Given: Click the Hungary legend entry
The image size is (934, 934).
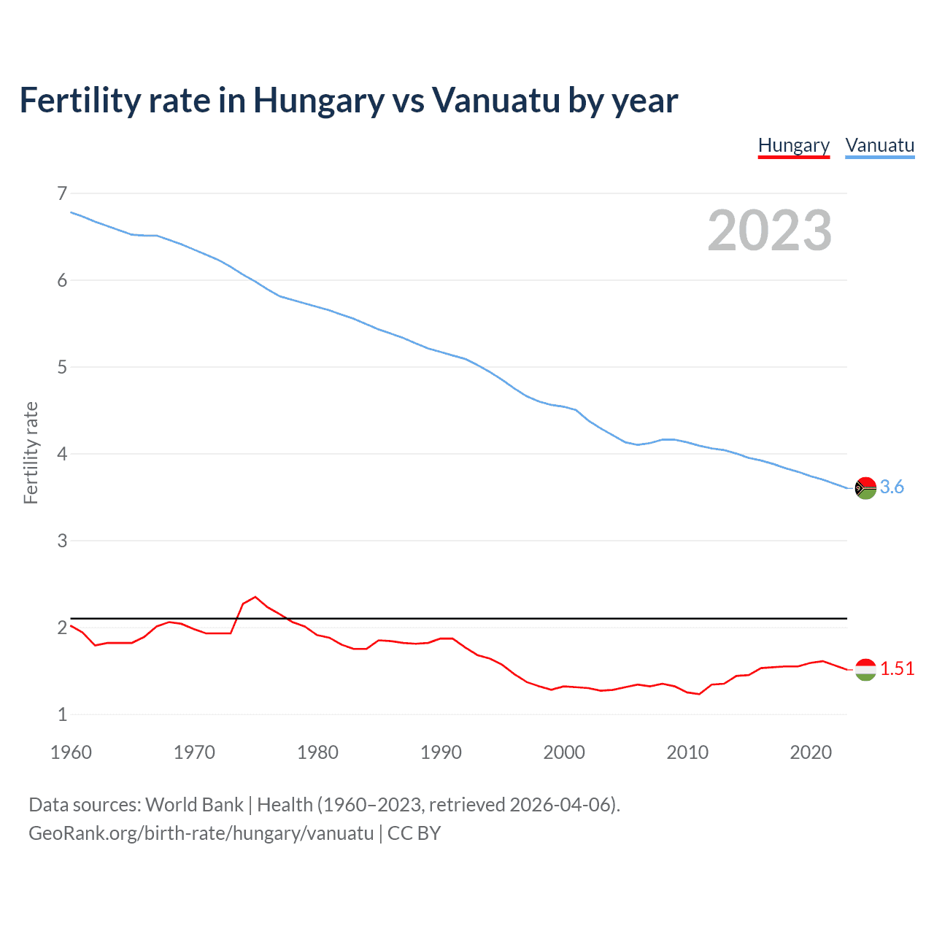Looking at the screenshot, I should point(794,145).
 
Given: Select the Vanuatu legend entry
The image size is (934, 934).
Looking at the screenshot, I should point(879,145).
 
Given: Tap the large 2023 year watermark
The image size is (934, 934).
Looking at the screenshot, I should point(769,231).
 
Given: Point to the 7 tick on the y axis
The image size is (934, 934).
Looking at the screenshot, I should point(62,193).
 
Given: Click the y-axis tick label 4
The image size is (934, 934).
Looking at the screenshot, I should point(62,454).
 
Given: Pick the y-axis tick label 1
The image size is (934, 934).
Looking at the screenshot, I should point(62,714).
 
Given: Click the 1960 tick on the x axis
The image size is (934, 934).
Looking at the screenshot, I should point(71,752).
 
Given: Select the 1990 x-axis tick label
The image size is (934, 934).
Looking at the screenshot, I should point(441,752).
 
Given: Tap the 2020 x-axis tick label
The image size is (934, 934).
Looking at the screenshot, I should point(811,752).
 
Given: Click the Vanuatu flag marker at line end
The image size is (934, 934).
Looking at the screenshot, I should point(865,487).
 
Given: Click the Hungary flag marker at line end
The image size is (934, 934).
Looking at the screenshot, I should point(865,669).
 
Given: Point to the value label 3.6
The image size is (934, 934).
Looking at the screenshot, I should point(892,487).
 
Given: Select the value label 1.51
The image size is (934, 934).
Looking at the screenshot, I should point(897,669).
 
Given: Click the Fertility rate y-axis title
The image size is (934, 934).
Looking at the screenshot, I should point(31,452).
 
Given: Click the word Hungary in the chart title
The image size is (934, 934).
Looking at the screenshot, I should point(318,101).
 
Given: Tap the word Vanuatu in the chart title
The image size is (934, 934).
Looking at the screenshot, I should point(495,101).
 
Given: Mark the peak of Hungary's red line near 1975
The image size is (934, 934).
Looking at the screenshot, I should point(255,597).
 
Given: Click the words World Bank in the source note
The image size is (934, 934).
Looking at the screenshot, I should point(194,805).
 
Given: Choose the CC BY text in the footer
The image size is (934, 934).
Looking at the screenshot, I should point(414,833).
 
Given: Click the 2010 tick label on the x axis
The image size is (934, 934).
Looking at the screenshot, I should point(687,752).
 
